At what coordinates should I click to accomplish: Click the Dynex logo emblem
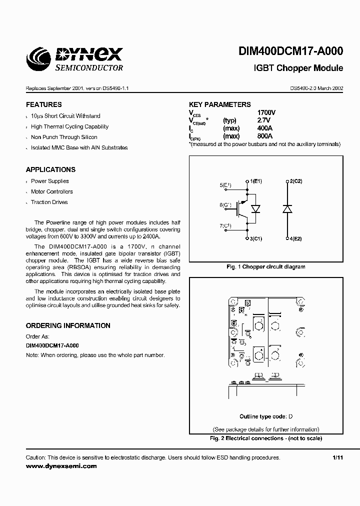[x=41, y=59]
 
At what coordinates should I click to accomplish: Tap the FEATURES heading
[x=44, y=104]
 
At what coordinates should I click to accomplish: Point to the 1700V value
[x=266, y=113]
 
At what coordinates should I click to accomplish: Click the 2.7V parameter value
[x=263, y=120]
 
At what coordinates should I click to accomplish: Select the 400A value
[x=264, y=128]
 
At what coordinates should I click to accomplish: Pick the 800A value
[x=264, y=136]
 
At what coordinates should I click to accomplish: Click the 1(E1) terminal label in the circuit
[x=256, y=181]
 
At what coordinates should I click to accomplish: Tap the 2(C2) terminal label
[x=295, y=181]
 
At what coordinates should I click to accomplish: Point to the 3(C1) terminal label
[x=256, y=239]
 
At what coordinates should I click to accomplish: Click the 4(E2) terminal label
[x=295, y=239]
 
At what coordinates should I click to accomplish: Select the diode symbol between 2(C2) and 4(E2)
[x=287, y=209]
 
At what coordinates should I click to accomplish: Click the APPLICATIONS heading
[x=50, y=169]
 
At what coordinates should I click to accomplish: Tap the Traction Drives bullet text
[x=49, y=202]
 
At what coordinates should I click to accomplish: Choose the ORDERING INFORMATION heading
[x=68, y=325]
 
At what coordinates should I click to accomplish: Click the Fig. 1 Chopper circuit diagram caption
[x=265, y=267]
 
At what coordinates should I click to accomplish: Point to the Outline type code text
[x=265, y=416]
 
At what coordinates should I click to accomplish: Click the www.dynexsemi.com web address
[x=61, y=466]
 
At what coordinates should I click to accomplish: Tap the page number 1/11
[x=338, y=458]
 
